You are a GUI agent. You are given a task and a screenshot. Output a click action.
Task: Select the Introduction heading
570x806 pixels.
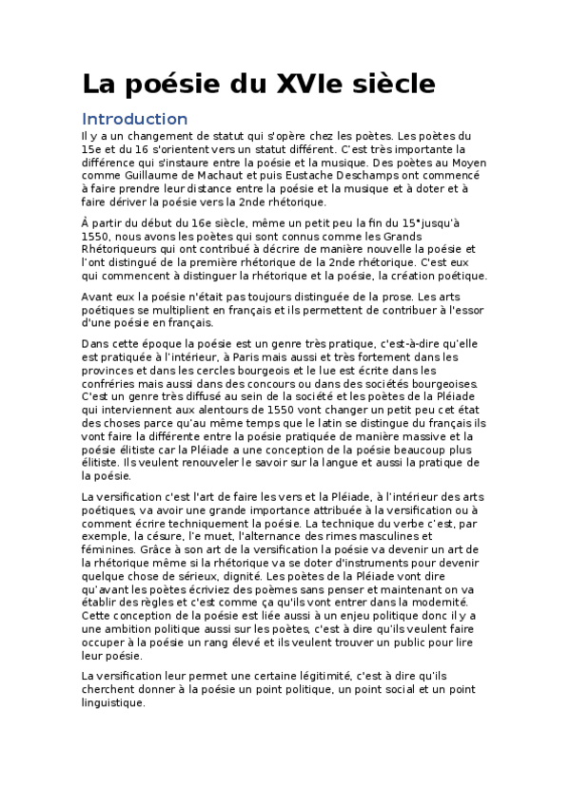click(x=134, y=119)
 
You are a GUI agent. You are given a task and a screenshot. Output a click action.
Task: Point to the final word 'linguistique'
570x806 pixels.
click(x=113, y=702)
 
